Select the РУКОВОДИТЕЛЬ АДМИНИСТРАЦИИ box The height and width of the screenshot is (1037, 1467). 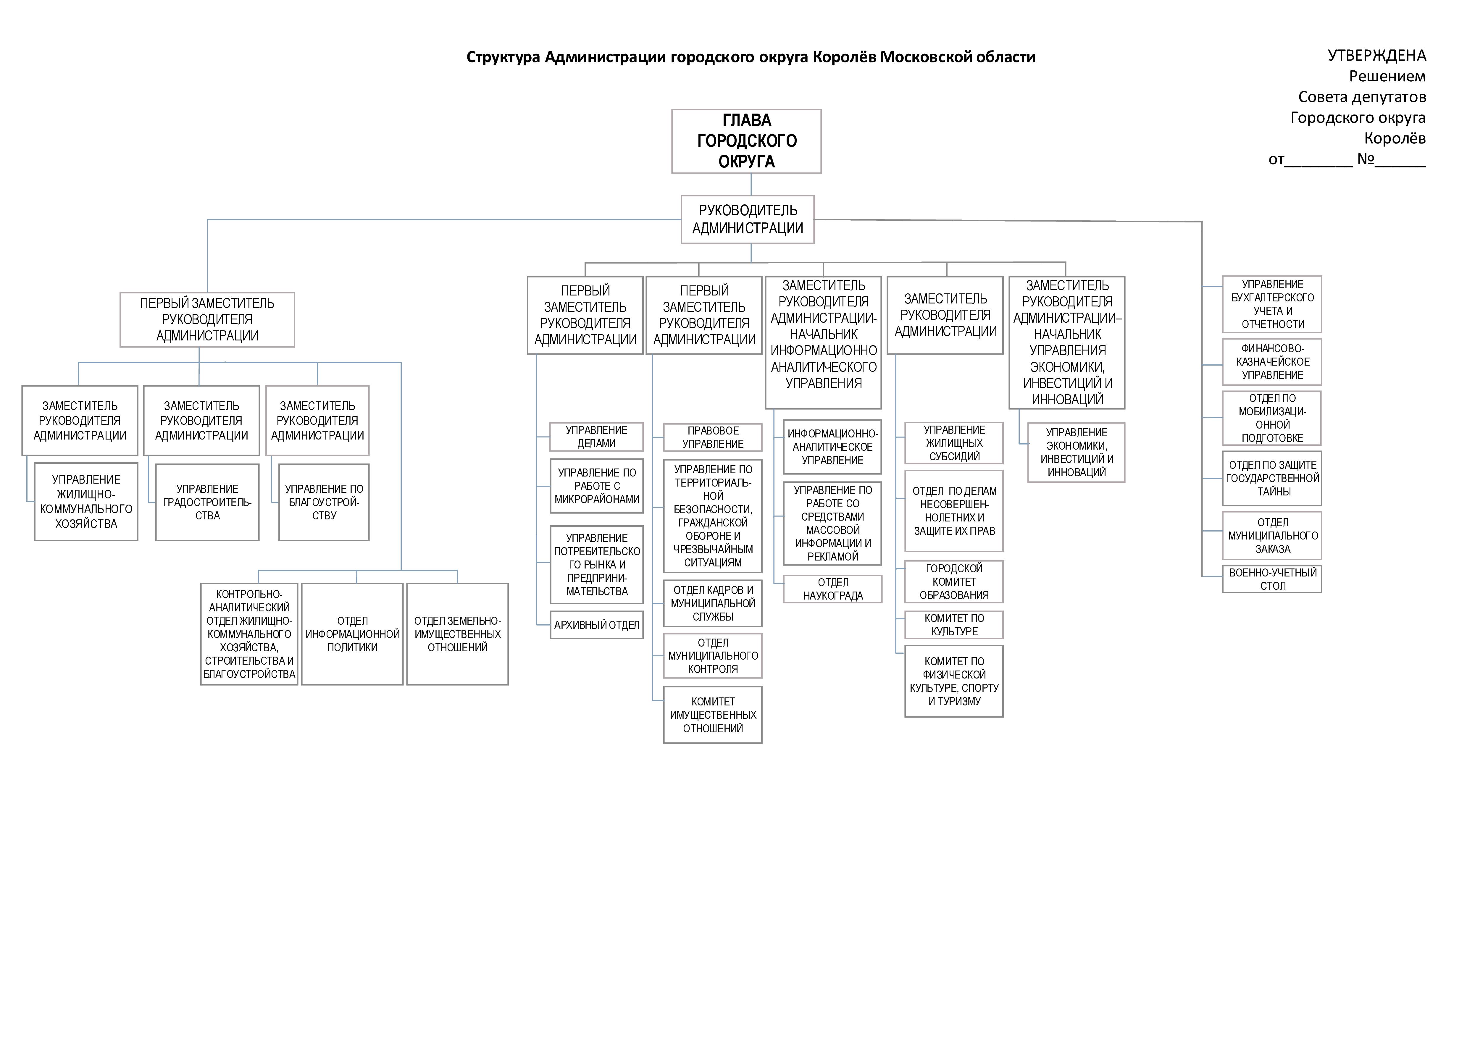click(748, 219)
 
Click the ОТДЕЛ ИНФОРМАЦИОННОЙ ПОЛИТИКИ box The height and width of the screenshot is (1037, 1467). click(352, 634)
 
